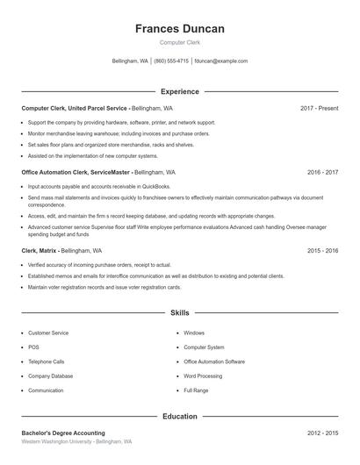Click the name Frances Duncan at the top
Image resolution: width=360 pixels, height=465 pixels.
point(179,29)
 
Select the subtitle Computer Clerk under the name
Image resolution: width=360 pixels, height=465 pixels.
point(179,43)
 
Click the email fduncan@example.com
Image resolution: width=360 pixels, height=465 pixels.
point(221,61)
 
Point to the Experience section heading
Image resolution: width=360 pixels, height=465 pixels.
point(179,91)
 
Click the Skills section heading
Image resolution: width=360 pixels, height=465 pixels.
point(179,312)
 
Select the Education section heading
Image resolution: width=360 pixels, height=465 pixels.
point(179,416)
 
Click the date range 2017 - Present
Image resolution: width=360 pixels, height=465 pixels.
point(319,108)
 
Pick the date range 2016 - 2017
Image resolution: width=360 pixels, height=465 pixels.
point(322,173)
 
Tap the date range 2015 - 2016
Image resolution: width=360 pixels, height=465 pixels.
point(322,250)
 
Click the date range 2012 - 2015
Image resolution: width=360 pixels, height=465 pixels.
point(322,433)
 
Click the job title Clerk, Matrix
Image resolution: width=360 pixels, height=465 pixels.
point(40,250)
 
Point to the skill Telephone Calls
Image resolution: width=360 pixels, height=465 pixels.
point(46,361)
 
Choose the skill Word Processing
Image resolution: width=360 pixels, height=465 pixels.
point(202,376)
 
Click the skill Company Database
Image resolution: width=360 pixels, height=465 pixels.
point(50,376)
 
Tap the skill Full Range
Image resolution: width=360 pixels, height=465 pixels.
point(196,390)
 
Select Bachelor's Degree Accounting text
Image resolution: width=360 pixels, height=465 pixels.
point(63,433)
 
